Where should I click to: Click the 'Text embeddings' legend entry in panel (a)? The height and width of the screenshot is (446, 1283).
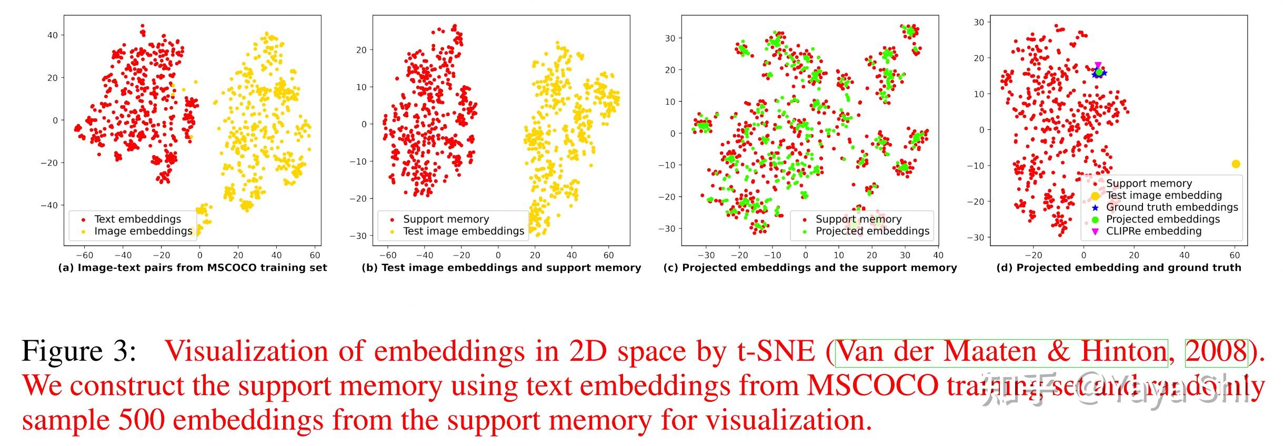(137, 219)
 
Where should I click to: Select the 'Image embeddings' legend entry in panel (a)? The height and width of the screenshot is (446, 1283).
(143, 231)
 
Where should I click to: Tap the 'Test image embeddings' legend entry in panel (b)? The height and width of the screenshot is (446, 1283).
(463, 231)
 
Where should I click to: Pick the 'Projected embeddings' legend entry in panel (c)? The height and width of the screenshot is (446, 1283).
(872, 231)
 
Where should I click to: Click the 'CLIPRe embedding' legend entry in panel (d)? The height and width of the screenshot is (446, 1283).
(1154, 231)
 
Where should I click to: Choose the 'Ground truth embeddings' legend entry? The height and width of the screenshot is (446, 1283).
(1171, 207)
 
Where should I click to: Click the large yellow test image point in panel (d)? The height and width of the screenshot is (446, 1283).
(1236, 164)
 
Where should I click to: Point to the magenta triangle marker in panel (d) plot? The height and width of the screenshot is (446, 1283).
(1098, 65)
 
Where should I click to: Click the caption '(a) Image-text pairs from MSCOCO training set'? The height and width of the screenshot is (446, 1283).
(192, 268)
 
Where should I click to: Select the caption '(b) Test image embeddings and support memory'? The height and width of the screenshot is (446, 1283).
(501, 268)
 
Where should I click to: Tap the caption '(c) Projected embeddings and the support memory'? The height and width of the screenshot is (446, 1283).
(810, 268)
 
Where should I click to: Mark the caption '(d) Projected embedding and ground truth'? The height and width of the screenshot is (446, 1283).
(1119, 268)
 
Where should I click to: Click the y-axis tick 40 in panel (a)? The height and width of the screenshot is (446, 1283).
(52, 35)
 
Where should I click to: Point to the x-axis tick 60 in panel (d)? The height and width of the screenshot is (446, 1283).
(1235, 255)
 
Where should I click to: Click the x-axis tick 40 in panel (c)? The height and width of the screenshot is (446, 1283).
(938, 255)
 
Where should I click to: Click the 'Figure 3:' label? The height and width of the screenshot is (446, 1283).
(79, 351)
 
